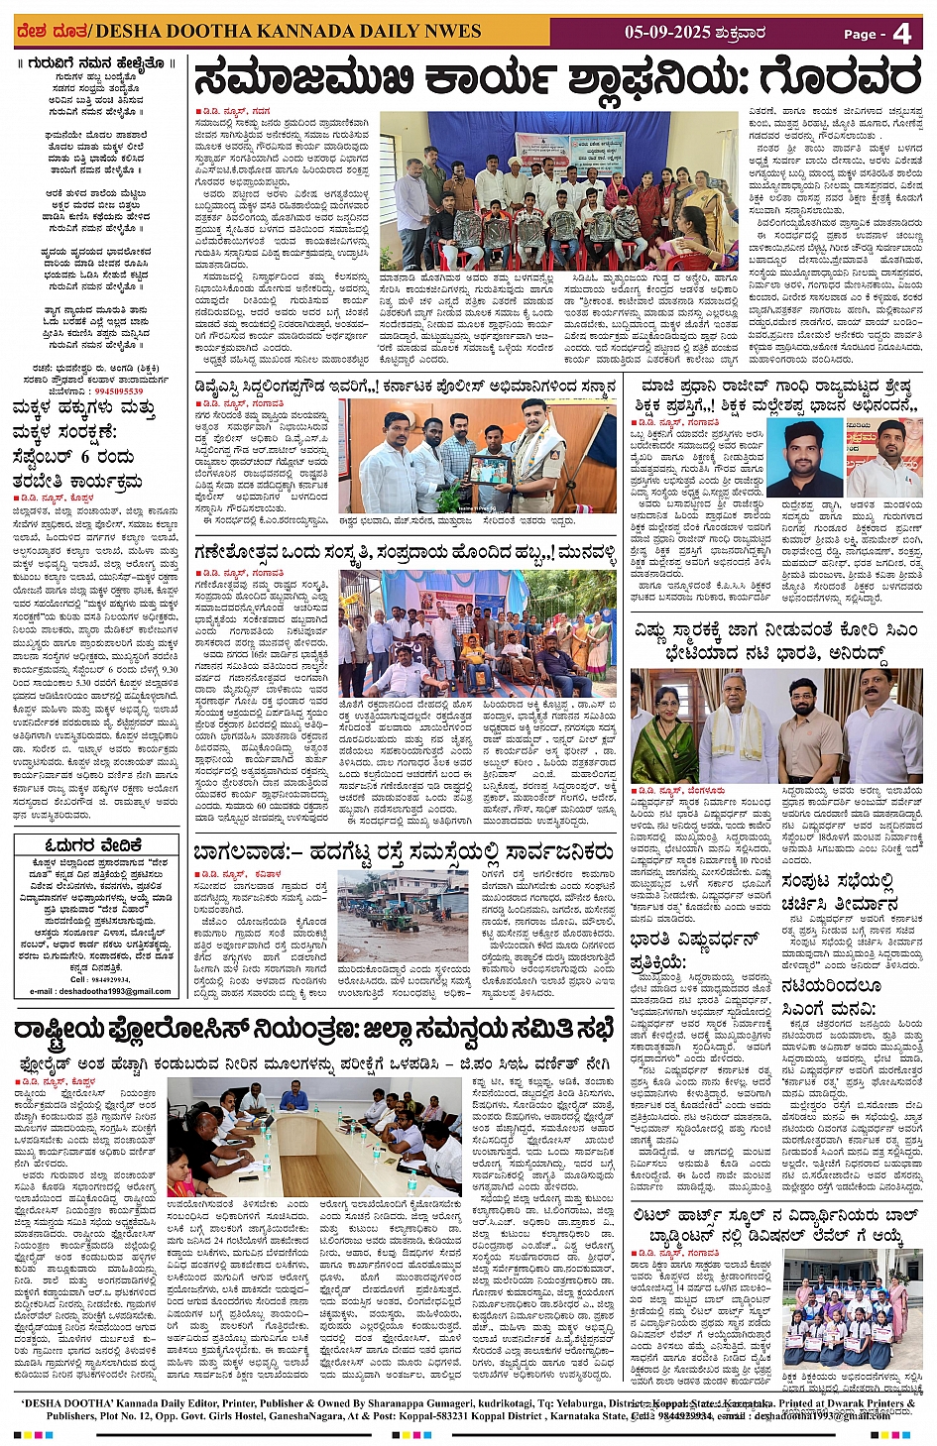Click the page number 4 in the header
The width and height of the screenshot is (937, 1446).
coord(901,34)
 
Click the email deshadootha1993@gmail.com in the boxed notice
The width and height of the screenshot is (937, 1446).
coord(100,990)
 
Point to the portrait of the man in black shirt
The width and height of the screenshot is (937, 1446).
coord(804,458)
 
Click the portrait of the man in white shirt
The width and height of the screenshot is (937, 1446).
coord(883,458)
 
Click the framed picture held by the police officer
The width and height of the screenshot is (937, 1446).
coord(490,470)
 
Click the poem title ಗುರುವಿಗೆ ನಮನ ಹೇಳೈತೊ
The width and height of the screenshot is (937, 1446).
coord(96,63)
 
